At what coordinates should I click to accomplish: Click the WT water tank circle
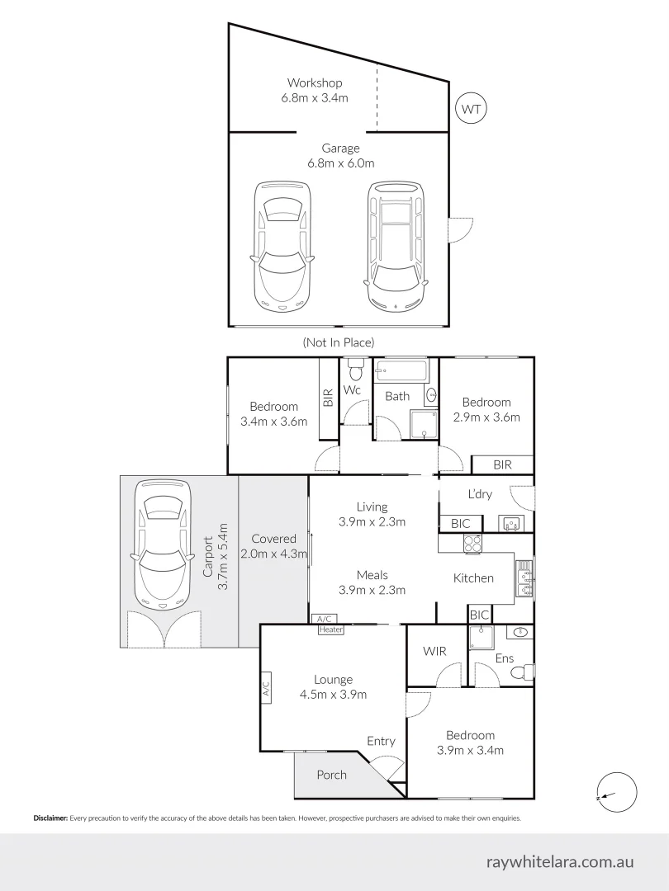click(472, 108)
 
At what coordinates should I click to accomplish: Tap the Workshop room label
click(315, 82)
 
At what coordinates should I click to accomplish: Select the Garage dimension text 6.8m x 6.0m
click(340, 163)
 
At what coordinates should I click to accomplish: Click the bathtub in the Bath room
click(401, 370)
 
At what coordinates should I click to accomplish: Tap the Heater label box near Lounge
click(330, 630)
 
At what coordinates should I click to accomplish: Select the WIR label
click(434, 651)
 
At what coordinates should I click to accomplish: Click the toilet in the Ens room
click(520, 674)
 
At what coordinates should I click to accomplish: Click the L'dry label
click(479, 494)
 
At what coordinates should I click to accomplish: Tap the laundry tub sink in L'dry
click(510, 522)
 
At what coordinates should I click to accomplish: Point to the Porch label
click(331, 775)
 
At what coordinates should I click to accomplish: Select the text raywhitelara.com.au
click(561, 861)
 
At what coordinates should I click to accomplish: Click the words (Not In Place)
click(339, 342)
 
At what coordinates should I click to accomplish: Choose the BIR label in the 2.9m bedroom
click(502, 464)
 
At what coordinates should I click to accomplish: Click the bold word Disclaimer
click(50, 818)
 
